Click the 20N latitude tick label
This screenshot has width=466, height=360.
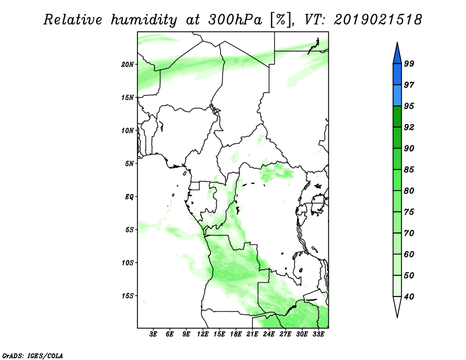point(128,65)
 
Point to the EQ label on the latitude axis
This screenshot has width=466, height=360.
point(129,197)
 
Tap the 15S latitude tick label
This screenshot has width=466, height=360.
point(128,296)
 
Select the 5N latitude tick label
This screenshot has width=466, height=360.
point(129,164)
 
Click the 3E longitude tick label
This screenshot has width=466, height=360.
point(153,334)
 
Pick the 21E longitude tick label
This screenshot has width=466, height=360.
point(252,334)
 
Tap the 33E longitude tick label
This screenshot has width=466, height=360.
point(318,334)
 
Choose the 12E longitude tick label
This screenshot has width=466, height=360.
point(203,334)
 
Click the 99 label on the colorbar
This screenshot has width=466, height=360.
point(409,63)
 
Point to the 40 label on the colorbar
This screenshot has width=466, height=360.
point(409,297)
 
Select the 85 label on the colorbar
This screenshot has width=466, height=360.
point(409,170)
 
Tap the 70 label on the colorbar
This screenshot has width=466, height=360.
point(409,233)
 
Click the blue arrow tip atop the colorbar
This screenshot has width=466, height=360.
point(397,43)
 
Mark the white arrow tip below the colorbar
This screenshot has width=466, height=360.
point(397,317)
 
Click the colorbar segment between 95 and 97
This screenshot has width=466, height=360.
point(397,96)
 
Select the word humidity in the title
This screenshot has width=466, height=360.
point(144,20)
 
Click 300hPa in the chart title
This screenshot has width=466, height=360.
point(235,20)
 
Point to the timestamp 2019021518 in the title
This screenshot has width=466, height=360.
point(377,20)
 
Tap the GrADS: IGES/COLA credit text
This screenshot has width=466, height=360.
point(33,355)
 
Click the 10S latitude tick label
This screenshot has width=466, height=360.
point(128,263)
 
